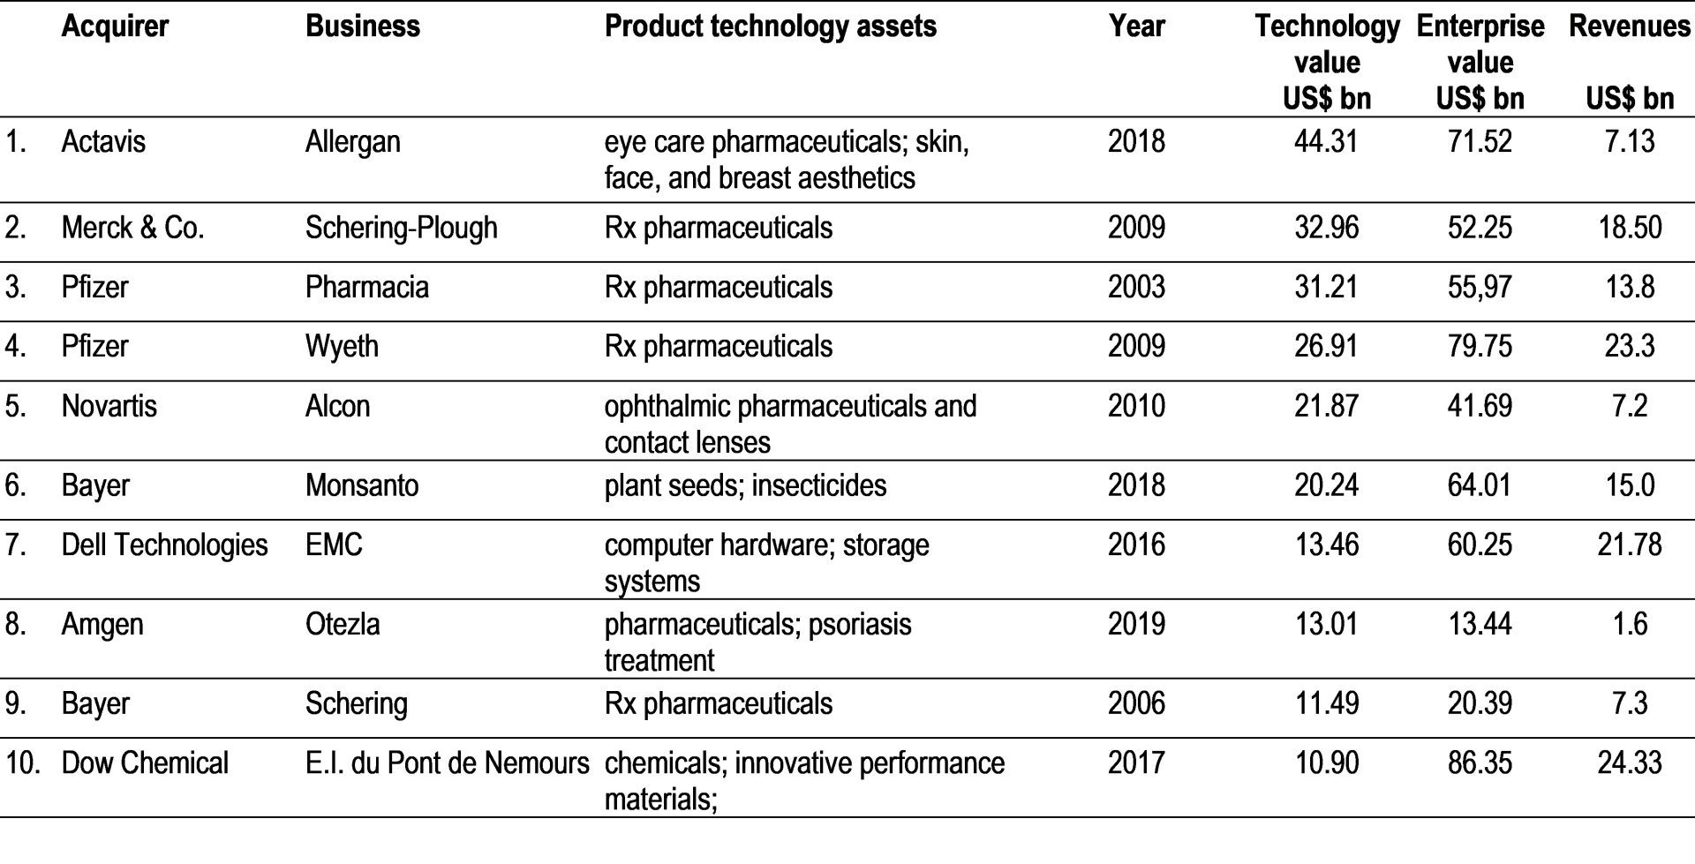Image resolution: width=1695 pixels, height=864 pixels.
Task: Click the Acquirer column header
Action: tap(115, 26)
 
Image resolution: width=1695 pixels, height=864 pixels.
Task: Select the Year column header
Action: tap(1136, 26)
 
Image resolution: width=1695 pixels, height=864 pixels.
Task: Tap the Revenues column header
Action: tap(1629, 26)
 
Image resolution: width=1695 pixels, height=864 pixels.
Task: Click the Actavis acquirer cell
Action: tap(103, 142)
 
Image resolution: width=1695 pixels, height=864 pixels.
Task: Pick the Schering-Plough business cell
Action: tap(401, 228)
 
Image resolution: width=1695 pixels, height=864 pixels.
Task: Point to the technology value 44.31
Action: tap(1326, 142)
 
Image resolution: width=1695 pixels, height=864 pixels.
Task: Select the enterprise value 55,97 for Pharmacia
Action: tap(1480, 288)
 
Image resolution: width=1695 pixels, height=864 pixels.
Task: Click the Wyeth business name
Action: tap(342, 346)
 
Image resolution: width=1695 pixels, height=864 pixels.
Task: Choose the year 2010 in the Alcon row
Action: tap(1136, 406)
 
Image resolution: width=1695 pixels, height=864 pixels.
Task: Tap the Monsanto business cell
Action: tap(362, 485)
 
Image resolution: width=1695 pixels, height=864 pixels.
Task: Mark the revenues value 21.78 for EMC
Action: tap(1629, 545)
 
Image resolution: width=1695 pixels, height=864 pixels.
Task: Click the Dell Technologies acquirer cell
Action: tap(164, 545)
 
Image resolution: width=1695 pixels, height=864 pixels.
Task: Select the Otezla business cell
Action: tap(343, 624)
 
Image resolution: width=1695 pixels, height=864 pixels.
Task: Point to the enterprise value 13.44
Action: tap(1480, 624)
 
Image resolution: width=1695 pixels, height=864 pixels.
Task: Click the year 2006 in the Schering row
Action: tap(1136, 703)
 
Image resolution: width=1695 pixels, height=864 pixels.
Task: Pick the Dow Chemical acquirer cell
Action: tap(145, 763)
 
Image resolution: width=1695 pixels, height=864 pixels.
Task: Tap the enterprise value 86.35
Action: tap(1480, 763)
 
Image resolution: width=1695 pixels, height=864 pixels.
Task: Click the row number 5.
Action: tap(15, 406)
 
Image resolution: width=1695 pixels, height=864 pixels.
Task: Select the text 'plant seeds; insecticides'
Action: tap(745, 485)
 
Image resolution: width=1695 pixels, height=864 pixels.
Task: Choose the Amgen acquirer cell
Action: tap(102, 624)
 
